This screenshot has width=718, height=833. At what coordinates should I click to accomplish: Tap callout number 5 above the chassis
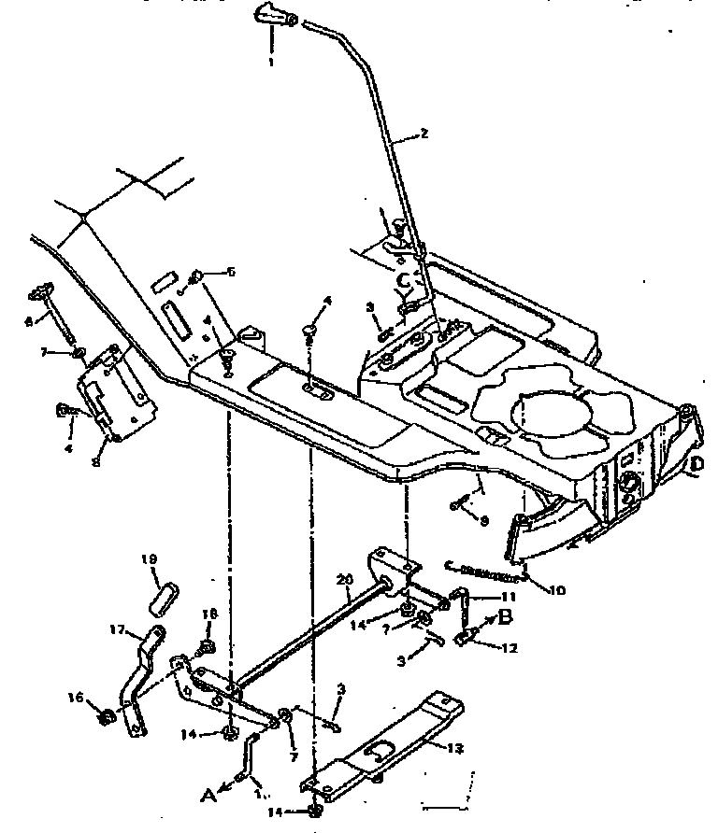coord(231,272)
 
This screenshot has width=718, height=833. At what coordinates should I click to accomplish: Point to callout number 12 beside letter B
coord(509,646)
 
